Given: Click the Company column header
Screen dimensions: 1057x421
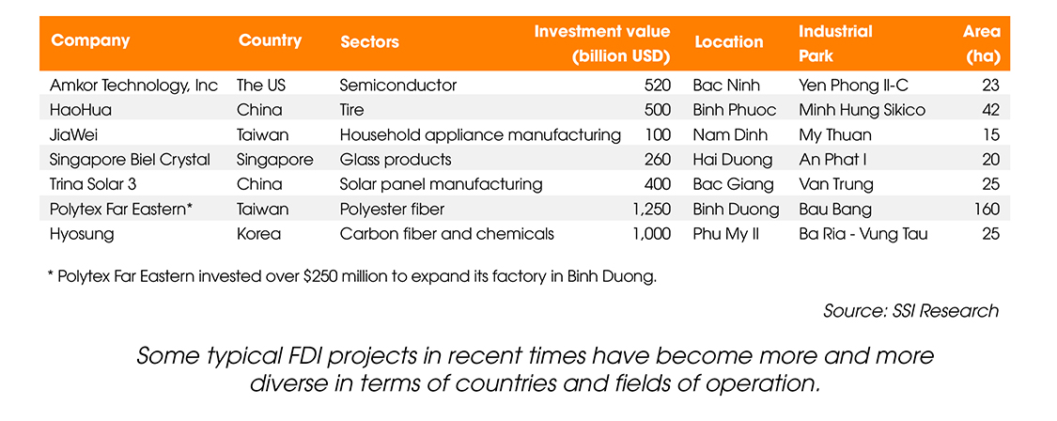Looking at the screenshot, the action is pyautogui.click(x=90, y=40).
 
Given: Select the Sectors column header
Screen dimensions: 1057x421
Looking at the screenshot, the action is pyautogui.click(x=369, y=42).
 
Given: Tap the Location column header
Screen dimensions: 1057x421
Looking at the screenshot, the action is pyautogui.click(x=729, y=42).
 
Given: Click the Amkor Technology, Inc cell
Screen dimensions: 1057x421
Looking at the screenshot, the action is pyautogui.click(x=134, y=86).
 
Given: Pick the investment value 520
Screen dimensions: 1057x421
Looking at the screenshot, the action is pyautogui.click(x=658, y=86).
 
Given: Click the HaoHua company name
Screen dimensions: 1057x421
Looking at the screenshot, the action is pyautogui.click(x=81, y=111).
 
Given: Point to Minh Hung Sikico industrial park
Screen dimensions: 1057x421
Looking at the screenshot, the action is pyautogui.click(x=862, y=111).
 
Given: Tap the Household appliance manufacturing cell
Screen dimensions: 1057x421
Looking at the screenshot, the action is pyautogui.click(x=481, y=135).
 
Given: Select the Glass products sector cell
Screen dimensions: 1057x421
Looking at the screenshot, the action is pyautogui.click(x=396, y=160).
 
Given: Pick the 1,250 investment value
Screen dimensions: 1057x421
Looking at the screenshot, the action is pyautogui.click(x=652, y=210).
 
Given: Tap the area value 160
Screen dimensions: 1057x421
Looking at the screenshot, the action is pyautogui.click(x=987, y=210).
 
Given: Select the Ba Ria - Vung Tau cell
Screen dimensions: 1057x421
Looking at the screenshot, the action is pyautogui.click(x=863, y=234).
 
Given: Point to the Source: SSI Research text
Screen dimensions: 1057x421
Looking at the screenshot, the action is pyautogui.click(x=910, y=311).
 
